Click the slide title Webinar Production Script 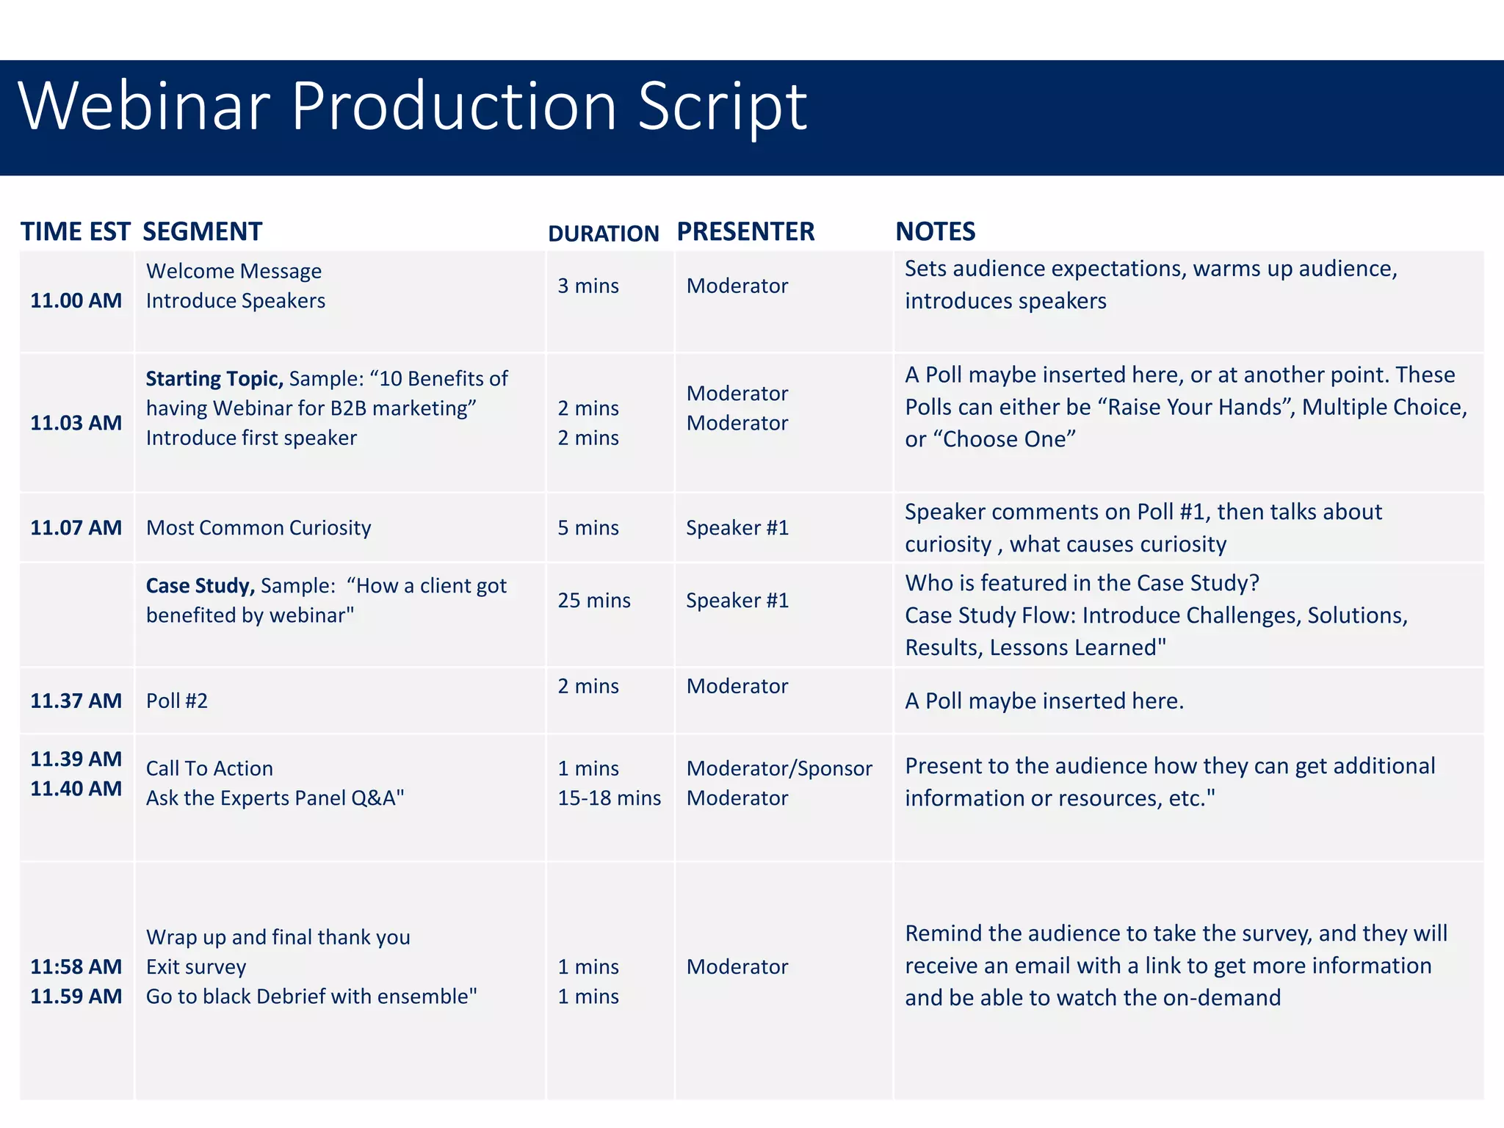[412, 107]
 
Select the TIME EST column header [75, 232]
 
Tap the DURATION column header [603, 234]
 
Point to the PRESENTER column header [745, 232]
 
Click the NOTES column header [935, 232]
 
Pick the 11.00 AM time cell [76, 300]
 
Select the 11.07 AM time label [76, 528]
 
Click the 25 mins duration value [593, 601]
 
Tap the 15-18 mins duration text [609, 798]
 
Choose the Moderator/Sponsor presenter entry [778, 769]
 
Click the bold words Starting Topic [214, 379]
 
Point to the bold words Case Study [200, 586]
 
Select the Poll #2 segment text [177, 701]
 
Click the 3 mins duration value [587, 286]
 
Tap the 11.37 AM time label [76, 701]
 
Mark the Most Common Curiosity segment [258, 528]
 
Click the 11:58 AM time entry [76, 967]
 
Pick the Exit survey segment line [196, 967]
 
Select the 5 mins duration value [587, 528]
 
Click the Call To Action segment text [209, 769]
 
